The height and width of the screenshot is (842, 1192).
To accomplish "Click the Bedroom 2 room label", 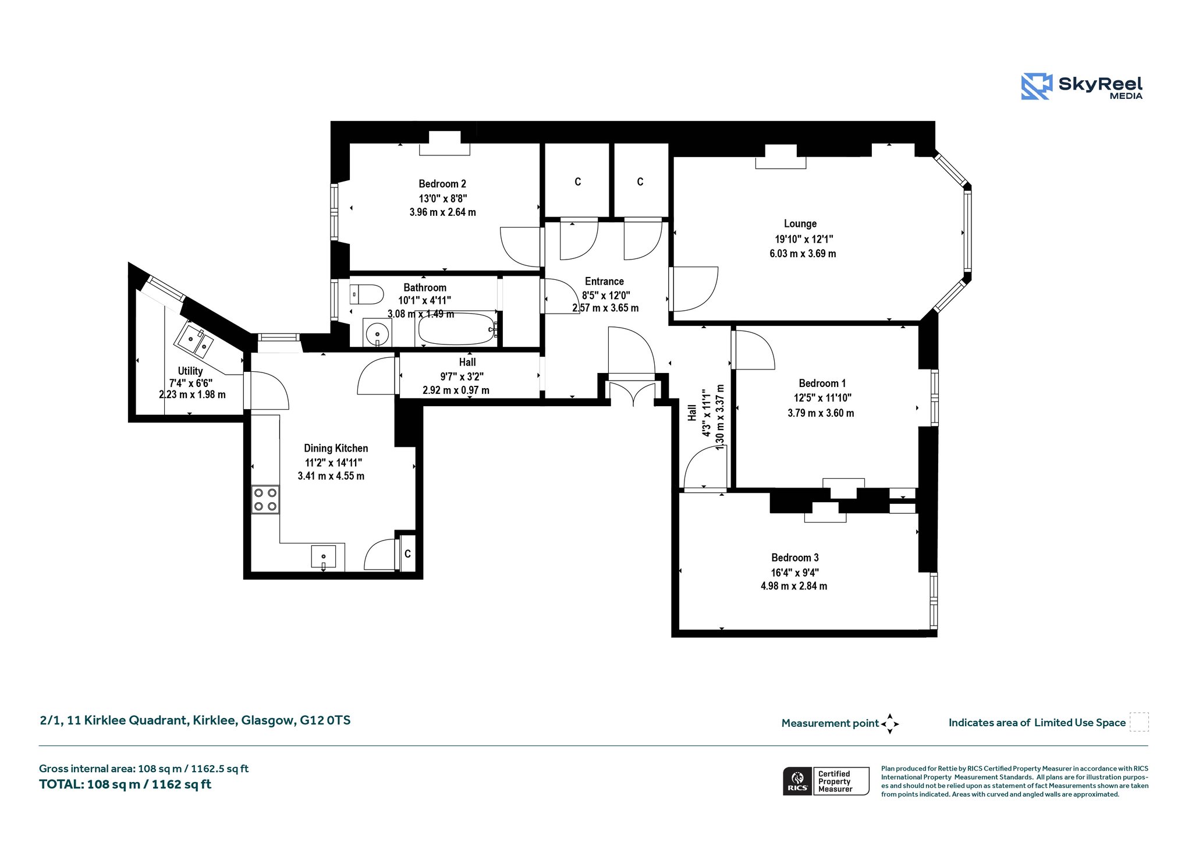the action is [x=442, y=184].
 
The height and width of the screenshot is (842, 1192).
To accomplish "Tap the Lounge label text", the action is [x=800, y=223].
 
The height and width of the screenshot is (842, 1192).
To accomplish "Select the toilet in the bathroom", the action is [x=366, y=294].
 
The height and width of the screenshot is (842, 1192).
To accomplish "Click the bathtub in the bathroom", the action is [x=457, y=330].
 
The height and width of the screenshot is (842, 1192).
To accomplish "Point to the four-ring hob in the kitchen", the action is [x=265, y=500].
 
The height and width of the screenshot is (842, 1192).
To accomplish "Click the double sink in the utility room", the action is [x=196, y=340].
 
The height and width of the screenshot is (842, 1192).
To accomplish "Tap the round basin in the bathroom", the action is [x=377, y=333].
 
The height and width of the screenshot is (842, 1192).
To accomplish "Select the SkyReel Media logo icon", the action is [x=1037, y=86].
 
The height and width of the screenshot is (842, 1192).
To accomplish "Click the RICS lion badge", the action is [x=797, y=781].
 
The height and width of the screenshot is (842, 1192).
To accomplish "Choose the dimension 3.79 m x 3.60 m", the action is [x=821, y=413].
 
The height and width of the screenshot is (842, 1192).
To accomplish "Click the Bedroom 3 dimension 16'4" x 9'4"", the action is [x=795, y=572].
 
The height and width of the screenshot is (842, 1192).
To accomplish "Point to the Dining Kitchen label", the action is [x=336, y=448].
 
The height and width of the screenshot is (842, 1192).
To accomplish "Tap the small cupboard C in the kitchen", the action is [x=407, y=553].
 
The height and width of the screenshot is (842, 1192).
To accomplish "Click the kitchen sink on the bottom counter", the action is [x=324, y=557].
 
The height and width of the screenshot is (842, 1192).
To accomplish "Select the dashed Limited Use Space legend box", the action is [x=1139, y=722].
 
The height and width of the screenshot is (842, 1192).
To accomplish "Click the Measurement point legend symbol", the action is [x=890, y=724].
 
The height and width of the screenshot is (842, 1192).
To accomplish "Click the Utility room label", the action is [x=190, y=371].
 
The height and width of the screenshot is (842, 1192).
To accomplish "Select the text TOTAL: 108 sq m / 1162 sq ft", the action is [x=125, y=784].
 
